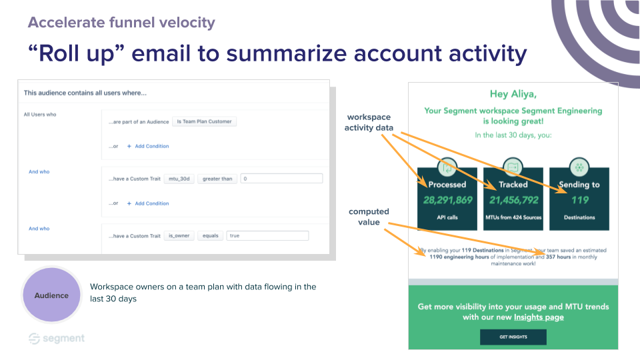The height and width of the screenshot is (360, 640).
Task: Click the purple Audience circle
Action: [51, 295]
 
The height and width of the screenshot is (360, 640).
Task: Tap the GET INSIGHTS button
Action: [513, 337]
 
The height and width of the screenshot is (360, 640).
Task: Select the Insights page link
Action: [539, 317]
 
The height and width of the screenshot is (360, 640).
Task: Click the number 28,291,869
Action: [447, 200]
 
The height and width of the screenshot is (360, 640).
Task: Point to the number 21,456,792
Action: [513, 200]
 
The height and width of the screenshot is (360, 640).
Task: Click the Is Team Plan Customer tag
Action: [204, 121]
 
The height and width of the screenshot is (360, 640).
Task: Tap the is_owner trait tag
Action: [179, 235]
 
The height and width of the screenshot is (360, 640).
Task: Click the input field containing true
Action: [267, 235]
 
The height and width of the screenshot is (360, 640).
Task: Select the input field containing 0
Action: [281, 179]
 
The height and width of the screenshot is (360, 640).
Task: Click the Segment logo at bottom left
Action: [57, 339]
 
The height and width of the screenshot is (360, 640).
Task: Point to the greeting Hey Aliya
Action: [513, 94]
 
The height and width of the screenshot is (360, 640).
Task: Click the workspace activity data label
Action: [369, 123]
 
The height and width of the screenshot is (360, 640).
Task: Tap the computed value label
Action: [369, 217]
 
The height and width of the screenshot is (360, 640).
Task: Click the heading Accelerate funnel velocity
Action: [121, 23]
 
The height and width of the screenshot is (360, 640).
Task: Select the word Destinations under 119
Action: [579, 217]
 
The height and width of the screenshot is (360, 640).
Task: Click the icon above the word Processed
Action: [447, 167]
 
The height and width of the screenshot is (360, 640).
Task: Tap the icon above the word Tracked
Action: [513, 167]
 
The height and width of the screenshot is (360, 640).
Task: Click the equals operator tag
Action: [210, 235]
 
